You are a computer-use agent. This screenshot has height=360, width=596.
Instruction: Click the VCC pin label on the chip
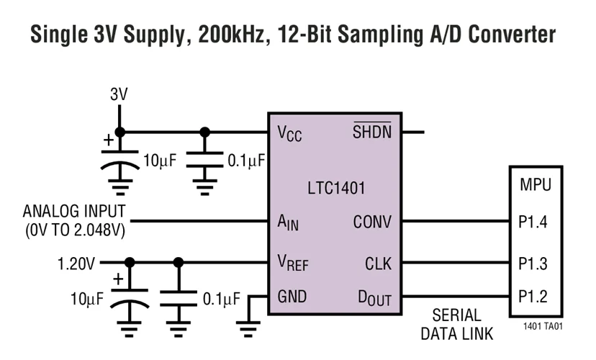point(290,134)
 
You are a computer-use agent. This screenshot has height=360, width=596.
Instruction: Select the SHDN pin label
point(371,132)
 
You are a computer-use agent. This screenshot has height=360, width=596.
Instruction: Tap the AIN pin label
point(288,223)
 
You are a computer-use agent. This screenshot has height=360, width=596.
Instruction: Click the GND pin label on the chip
point(292,297)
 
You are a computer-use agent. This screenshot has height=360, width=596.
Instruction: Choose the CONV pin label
point(372,222)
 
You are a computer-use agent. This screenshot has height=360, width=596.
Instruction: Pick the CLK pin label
point(378,264)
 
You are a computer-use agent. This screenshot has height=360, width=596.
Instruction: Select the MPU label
point(536,185)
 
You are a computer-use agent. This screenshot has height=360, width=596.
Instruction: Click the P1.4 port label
point(533,222)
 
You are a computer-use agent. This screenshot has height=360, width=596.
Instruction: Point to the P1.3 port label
point(533,264)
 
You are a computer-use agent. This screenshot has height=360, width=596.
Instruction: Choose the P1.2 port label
point(533,297)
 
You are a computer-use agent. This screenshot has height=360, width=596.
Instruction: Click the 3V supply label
point(119,94)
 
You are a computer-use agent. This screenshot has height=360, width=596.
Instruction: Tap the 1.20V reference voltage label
point(76,264)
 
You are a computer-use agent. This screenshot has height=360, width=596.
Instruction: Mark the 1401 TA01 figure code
point(541,326)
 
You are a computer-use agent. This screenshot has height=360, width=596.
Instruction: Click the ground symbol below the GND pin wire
point(248,330)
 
